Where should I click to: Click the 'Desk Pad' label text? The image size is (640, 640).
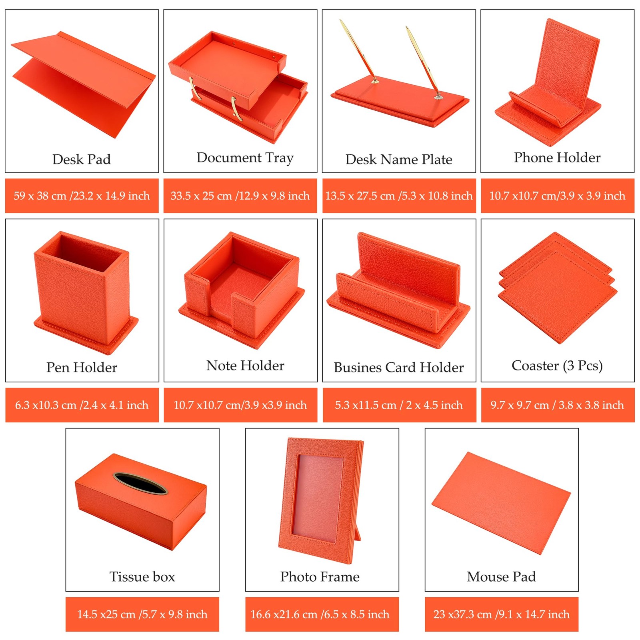tap(82, 159)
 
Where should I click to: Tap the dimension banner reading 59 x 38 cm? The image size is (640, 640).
tap(82, 196)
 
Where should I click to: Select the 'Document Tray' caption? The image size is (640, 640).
tap(245, 158)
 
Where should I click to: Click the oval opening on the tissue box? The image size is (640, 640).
tap(140, 484)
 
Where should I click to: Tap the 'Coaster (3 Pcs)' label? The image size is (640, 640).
tap(557, 366)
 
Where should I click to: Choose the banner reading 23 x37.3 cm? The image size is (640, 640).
tap(502, 614)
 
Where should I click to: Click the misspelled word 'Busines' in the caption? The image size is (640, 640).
tap(358, 367)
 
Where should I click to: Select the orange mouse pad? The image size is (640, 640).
tap(501, 503)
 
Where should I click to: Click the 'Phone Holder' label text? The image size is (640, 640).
tap(557, 158)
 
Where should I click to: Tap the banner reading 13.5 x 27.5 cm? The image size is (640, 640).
tap(399, 196)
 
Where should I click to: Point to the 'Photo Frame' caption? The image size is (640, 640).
tap(320, 577)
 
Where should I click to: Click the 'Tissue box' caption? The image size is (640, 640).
tap(142, 577)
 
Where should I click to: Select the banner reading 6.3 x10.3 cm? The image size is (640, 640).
tap(82, 405)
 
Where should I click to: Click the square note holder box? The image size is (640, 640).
tap(242, 290)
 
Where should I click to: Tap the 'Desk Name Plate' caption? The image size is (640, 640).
tap(399, 159)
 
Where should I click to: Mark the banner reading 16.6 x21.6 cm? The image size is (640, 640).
tap(322, 614)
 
